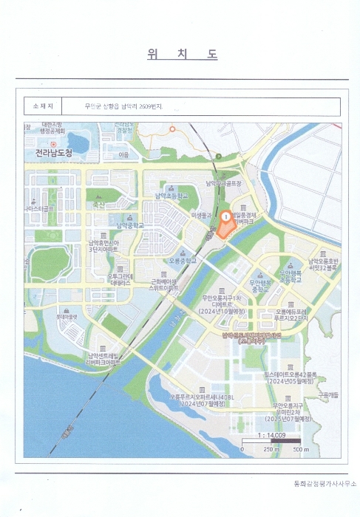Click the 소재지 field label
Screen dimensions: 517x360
click(42, 107)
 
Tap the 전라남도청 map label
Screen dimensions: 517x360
click(54, 153)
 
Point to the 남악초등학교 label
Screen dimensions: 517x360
click(171, 196)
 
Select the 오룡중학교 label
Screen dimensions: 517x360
click(184, 261)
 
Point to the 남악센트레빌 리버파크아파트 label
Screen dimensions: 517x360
click(103, 360)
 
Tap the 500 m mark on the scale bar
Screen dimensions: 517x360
click(299, 449)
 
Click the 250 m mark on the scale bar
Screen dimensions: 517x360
click(271, 449)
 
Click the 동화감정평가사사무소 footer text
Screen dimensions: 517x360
click(325, 483)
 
